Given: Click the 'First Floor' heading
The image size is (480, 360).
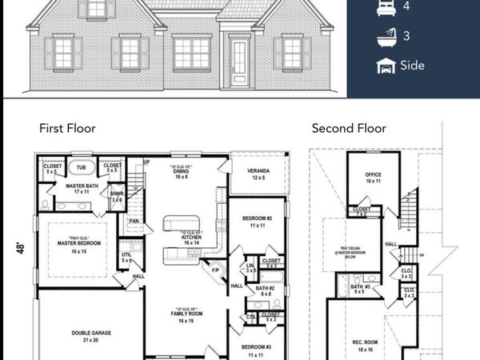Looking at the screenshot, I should tap(68, 128).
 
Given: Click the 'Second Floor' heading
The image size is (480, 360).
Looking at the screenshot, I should tap(349, 128).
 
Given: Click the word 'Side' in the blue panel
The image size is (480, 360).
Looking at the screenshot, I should tap(414, 66).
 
